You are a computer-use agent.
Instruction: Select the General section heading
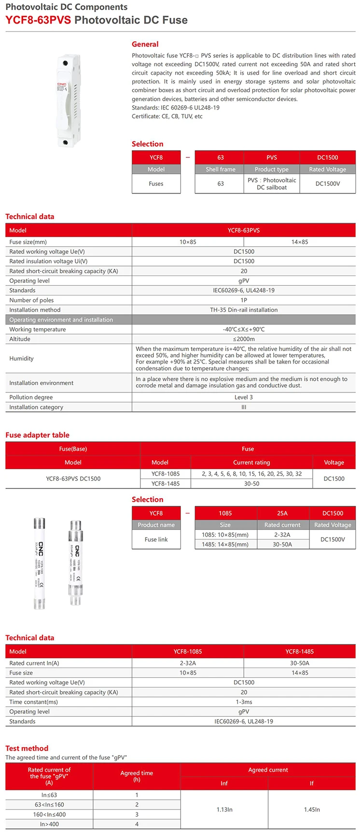[145, 44]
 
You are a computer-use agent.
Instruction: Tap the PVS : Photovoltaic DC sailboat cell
[271, 183]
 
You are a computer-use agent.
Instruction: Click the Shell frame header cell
[220, 169]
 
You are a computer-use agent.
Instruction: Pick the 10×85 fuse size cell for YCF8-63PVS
[188, 242]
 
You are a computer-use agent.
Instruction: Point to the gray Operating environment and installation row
[61, 320]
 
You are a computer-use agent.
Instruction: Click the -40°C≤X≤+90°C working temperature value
[243, 329]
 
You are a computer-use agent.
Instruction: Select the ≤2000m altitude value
[243, 339]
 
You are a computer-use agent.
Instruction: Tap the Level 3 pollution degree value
[243, 397]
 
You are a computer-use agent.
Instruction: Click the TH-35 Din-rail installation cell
[243, 310]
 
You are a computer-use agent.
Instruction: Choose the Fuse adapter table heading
[37, 435]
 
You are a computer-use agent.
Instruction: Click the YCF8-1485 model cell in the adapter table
[165, 484]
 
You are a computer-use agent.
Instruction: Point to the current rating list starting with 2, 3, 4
[251, 474]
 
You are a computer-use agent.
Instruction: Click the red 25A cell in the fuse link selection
[282, 513]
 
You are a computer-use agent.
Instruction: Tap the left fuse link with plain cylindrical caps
[40, 563]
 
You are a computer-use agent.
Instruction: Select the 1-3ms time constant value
[243, 702]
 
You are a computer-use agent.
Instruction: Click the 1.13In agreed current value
[224, 809]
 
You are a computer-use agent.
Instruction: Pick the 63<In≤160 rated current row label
[49, 805]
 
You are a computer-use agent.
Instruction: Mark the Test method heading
[27, 748]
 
